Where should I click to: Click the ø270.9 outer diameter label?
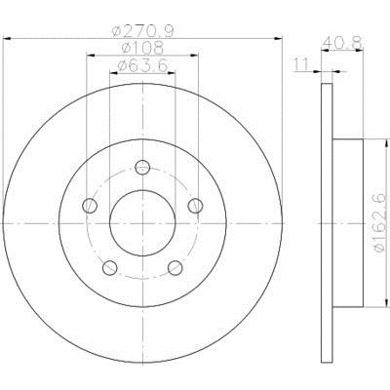(x=143, y=31)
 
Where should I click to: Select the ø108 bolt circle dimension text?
(x=142, y=49)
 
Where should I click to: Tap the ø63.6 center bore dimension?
(x=142, y=66)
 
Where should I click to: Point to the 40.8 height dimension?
(x=342, y=42)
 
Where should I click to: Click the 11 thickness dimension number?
(x=300, y=64)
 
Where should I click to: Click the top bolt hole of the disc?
(x=142, y=168)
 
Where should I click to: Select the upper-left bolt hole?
(x=90, y=206)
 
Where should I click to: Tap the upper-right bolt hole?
(x=196, y=206)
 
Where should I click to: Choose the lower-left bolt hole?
(x=110, y=267)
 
